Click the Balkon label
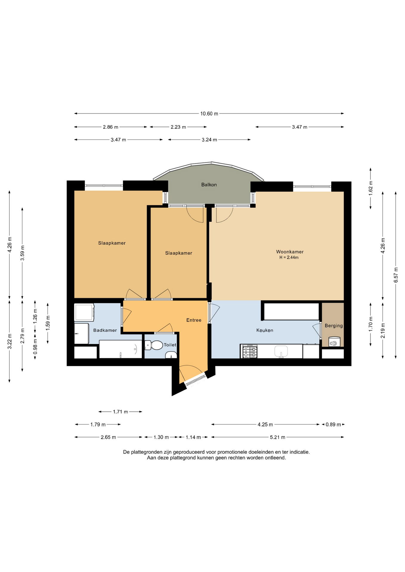209,185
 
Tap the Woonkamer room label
290,252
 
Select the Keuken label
265,330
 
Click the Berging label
334,326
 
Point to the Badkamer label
105,330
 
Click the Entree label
194,320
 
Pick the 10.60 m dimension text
209,114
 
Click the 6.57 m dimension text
396,275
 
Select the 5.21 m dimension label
277,437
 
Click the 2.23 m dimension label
178,127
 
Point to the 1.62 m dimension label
370,188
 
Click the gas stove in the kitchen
250,352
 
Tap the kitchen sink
281,352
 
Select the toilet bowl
154,345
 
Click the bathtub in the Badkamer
120,349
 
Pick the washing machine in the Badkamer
84,312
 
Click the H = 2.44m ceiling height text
289,257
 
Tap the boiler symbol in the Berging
334,342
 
